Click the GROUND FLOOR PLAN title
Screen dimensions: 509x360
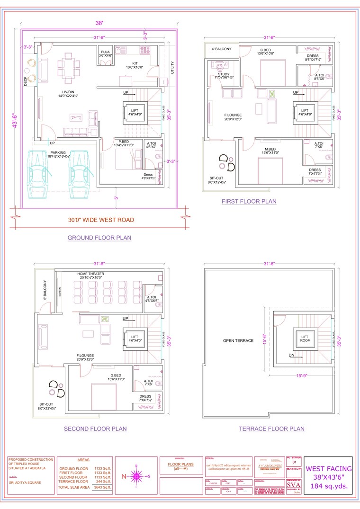point(99,238)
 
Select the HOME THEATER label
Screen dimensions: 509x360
point(91,274)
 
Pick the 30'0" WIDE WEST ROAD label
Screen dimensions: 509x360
point(100,220)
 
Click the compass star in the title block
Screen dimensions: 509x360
point(136,476)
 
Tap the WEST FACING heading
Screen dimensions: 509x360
point(328,469)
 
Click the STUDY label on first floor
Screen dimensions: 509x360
point(224,74)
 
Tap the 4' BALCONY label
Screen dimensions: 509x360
point(221,49)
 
